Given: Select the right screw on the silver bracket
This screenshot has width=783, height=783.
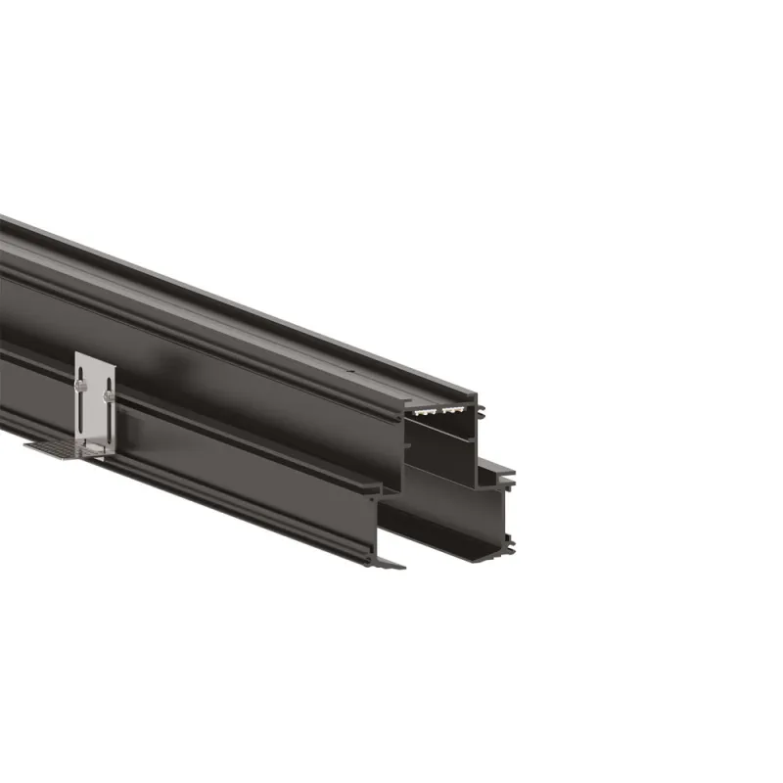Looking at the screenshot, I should [x=107, y=395].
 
